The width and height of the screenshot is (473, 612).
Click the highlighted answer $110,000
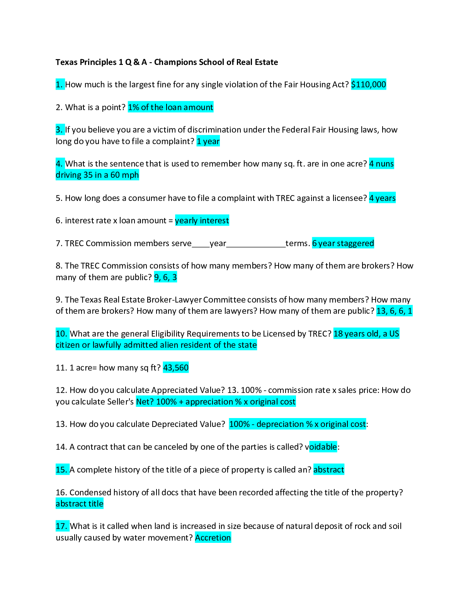(x=369, y=84)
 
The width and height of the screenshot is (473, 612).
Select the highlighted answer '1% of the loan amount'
(x=170, y=107)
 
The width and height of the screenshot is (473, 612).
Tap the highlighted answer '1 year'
(x=208, y=141)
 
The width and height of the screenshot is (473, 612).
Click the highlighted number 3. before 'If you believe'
(x=60, y=129)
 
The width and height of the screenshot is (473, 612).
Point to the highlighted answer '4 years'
(x=382, y=198)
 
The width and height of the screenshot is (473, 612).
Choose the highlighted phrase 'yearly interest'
(x=202, y=220)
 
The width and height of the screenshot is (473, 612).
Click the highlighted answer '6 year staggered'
(x=343, y=243)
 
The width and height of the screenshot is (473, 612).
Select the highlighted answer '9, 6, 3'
(x=165, y=277)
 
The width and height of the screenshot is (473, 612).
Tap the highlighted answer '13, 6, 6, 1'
(x=395, y=311)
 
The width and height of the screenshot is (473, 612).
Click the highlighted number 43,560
(x=176, y=367)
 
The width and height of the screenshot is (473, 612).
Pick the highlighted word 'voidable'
(x=323, y=447)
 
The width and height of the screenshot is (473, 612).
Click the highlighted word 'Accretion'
(x=213, y=537)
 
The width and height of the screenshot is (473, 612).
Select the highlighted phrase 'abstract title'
(x=80, y=503)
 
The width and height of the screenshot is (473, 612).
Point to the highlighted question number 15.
(x=62, y=469)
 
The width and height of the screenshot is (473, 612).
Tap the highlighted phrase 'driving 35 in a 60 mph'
(x=97, y=175)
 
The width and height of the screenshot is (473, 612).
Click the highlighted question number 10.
(x=62, y=333)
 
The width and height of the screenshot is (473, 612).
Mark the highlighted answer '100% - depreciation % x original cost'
(x=298, y=424)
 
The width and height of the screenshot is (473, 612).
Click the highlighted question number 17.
(x=62, y=526)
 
